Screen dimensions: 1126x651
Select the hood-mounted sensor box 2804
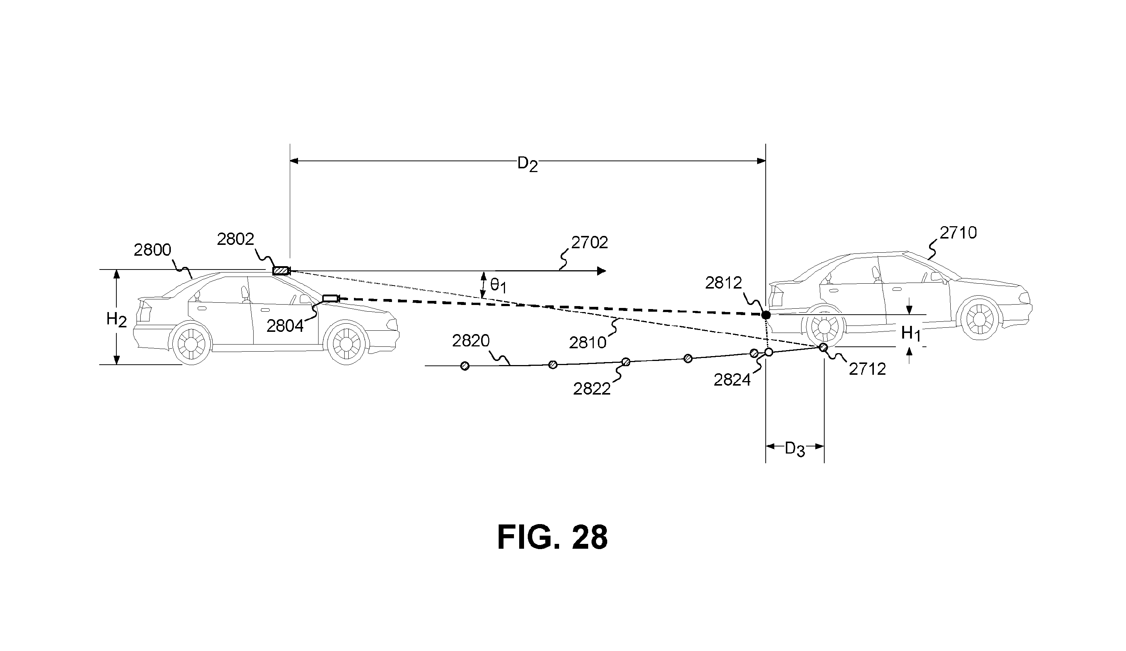pos(331,298)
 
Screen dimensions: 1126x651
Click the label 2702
pos(590,242)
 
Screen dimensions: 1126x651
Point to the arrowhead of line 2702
pos(602,271)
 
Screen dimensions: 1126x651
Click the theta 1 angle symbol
pos(498,285)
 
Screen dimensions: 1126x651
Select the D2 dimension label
pos(527,165)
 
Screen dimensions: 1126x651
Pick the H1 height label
pos(911,334)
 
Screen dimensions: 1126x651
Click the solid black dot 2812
pos(766,315)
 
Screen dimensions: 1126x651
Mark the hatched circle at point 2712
pos(823,347)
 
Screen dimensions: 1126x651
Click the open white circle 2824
pos(769,352)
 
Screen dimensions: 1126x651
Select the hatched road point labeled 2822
pos(626,362)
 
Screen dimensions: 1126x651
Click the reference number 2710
pos(958,233)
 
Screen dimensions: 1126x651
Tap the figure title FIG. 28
pos(552,538)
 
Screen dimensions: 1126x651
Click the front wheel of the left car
pos(347,343)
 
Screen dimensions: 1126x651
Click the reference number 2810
pos(588,343)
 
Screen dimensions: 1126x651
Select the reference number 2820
pos(471,341)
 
